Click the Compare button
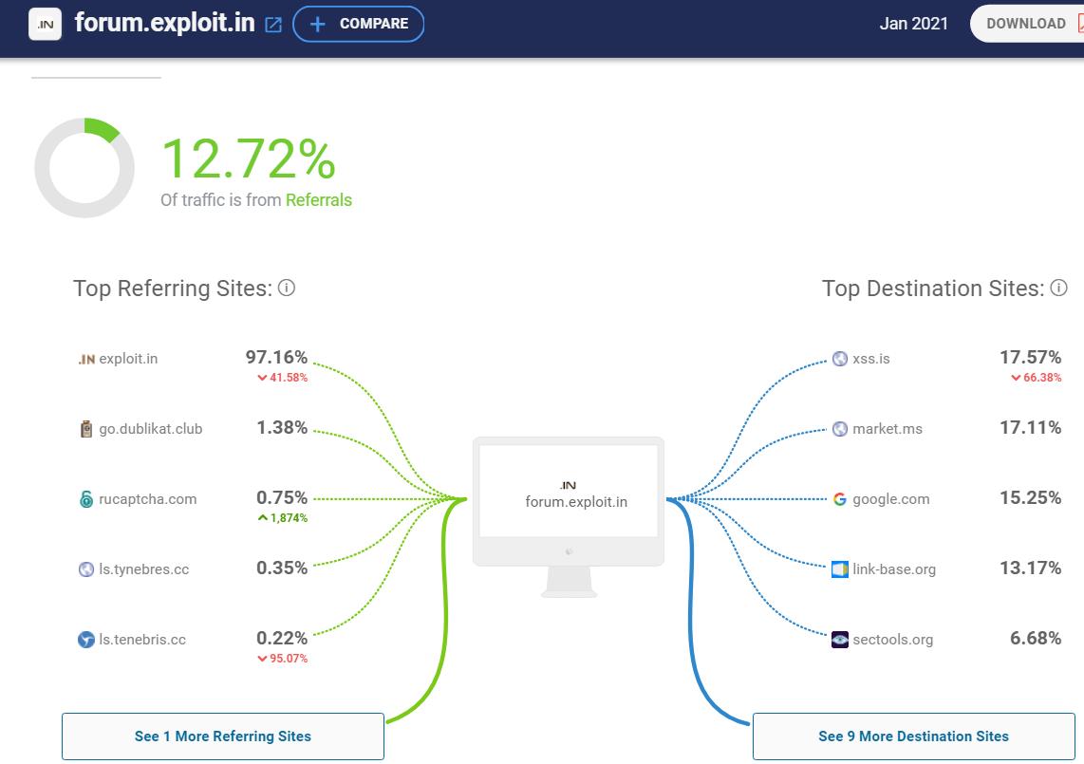pos(358,24)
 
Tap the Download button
pos(1026,24)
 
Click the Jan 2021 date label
pos(913,24)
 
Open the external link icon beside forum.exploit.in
pos(273,25)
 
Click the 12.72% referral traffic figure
pos(249,158)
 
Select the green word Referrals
pos(319,200)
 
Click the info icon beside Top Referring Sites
pos(287,288)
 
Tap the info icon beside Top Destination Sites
pos(1059,288)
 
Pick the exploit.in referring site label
pos(128,359)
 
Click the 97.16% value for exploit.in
pos(276,357)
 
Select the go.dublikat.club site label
pos(150,429)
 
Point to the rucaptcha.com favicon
pos(86,499)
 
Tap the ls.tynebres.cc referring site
pos(143,569)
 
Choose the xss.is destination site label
pos(870,359)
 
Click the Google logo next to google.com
pos(839,499)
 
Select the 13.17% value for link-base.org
pos(1030,568)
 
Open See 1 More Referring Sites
pos(223,736)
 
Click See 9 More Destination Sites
pos(913,736)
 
